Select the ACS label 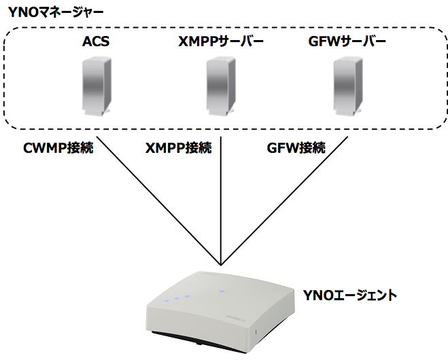[x=95, y=42]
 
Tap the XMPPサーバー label [x=222, y=42]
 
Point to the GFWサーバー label [x=347, y=42]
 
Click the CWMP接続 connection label [x=58, y=147]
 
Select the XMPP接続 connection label [x=178, y=147]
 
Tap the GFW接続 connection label [x=297, y=147]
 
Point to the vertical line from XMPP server [x=222, y=197]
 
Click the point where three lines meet [x=222, y=264]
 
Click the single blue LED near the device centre [x=220, y=291]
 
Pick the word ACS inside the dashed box [x=95, y=42]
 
